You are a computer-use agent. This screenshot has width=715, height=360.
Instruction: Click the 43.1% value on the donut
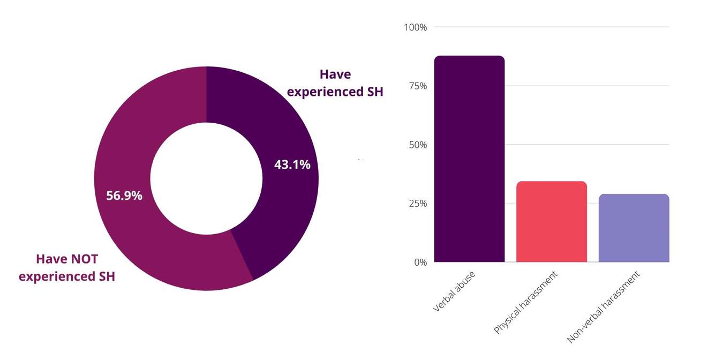tap(292, 165)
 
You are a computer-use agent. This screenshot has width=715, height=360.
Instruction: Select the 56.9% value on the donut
tap(124, 196)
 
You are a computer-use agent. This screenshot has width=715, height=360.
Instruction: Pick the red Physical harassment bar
tap(552, 222)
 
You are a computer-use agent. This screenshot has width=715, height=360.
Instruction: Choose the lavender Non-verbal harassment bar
tap(634, 228)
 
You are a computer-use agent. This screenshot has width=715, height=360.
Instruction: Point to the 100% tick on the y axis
tap(416, 27)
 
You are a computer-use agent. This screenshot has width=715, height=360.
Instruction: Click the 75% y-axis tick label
tap(417, 86)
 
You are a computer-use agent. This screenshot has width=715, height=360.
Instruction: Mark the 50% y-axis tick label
tap(417, 145)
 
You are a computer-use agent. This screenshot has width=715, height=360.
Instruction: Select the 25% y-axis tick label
tap(417, 204)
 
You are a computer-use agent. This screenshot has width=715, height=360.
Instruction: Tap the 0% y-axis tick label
tap(420, 262)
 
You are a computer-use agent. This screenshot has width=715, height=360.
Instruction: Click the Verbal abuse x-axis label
tap(454, 292)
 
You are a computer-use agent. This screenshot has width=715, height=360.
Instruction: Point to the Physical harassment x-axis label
tap(525, 303)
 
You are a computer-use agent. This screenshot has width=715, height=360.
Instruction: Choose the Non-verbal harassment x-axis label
tap(603, 307)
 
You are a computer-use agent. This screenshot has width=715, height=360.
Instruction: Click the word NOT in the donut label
tap(83, 259)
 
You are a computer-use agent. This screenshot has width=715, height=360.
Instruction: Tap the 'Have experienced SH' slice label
tap(335, 83)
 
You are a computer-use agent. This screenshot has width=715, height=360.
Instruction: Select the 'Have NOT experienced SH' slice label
tap(67, 268)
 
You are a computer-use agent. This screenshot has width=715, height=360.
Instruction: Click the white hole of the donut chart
tap(206, 178)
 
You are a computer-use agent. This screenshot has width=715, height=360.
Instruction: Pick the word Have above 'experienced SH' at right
tap(335, 74)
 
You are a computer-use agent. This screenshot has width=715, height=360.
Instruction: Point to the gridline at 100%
tap(552, 27)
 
